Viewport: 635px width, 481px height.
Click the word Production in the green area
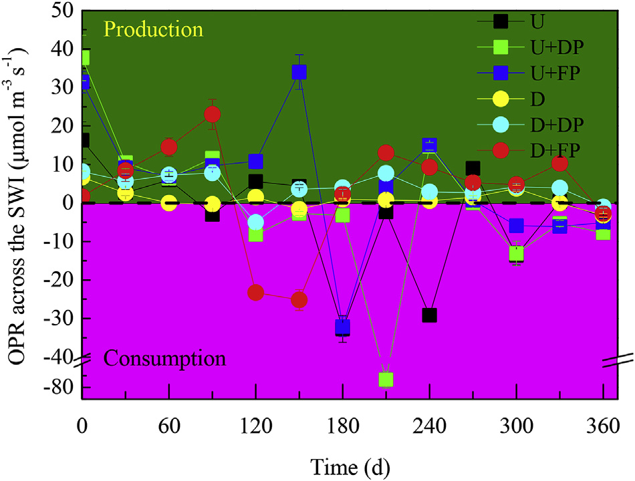[x=153, y=30]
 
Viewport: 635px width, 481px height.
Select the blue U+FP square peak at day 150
[x=299, y=71]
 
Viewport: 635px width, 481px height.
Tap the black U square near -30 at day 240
[x=429, y=315]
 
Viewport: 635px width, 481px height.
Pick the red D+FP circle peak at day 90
[x=213, y=114]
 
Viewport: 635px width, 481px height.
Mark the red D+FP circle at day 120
[x=256, y=292]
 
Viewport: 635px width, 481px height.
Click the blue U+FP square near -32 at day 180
[x=343, y=327]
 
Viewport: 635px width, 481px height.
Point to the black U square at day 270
[x=473, y=168]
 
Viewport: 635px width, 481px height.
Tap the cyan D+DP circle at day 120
[x=256, y=222]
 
